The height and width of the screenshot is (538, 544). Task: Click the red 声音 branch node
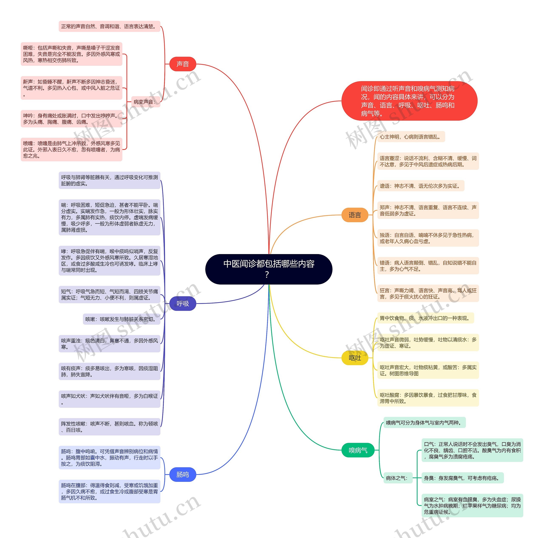183,64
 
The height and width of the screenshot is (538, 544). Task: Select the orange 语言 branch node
354,215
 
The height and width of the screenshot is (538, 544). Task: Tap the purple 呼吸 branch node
183,303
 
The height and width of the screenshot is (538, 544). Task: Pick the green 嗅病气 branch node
358,450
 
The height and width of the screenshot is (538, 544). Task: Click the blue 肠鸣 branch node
183,475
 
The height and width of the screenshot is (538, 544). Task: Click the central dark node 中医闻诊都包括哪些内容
269,269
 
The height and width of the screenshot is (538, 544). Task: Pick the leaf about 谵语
420,186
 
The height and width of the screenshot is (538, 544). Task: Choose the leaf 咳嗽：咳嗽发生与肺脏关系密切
121,319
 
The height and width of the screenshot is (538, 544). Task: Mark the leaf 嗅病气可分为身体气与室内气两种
424,423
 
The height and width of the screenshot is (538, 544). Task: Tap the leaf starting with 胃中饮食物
425,318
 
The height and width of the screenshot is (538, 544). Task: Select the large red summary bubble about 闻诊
409,101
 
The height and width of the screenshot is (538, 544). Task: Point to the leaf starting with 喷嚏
72,149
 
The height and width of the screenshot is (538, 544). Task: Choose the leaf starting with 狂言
428,293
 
